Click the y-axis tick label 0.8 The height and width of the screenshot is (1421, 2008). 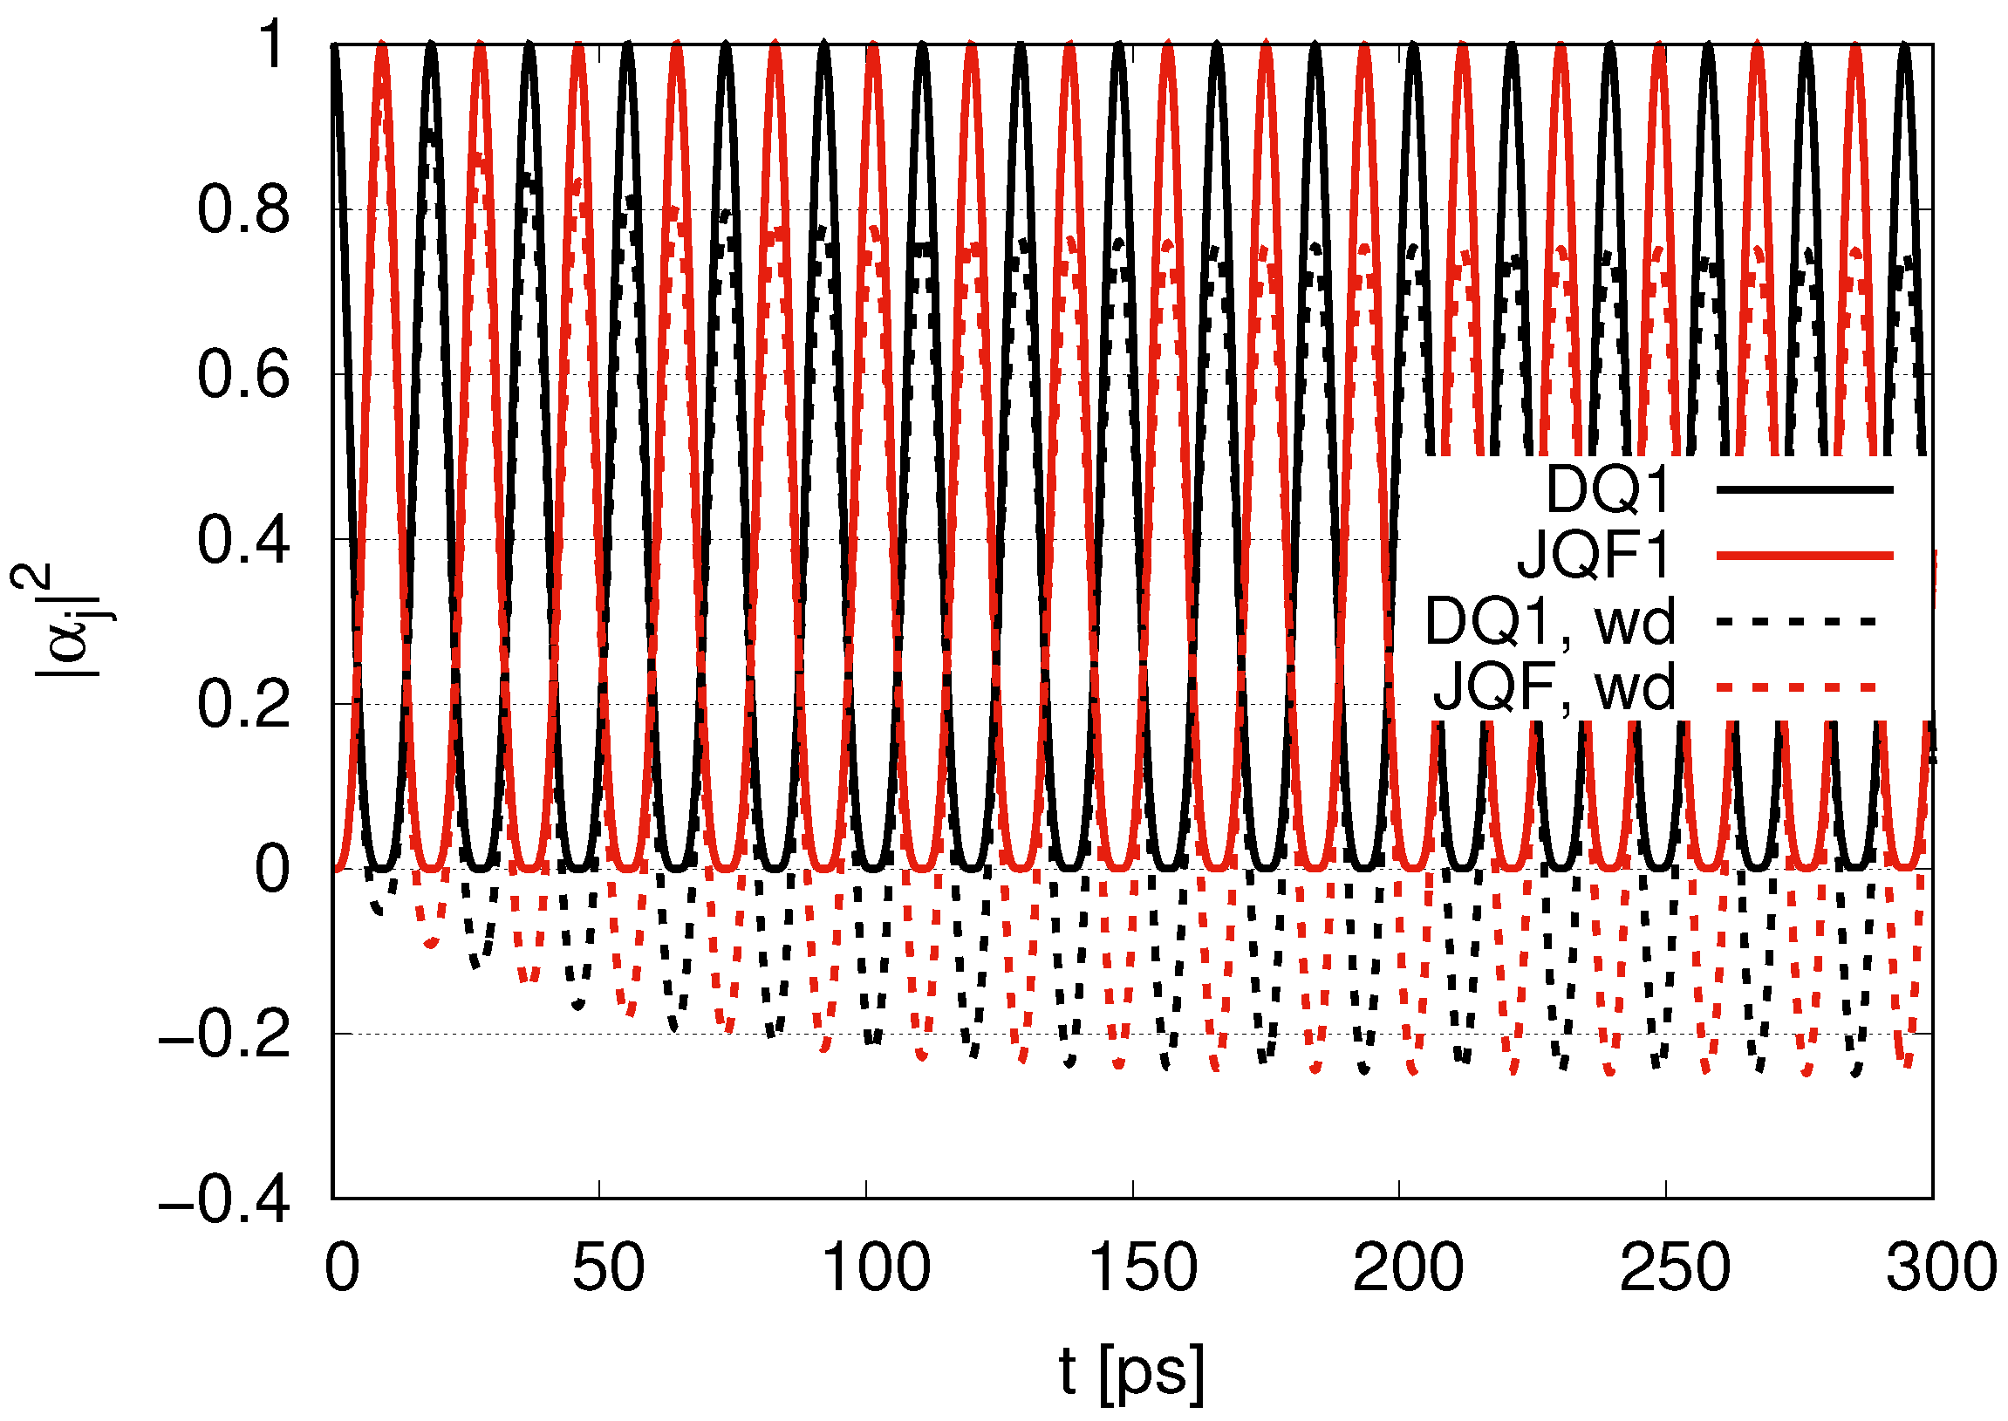point(242,211)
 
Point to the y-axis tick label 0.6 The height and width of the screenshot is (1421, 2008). point(242,375)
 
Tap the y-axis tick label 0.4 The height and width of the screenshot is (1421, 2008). point(242,540)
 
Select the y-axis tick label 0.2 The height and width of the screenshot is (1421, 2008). point(242,704)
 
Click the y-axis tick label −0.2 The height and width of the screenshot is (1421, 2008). point(223,1035)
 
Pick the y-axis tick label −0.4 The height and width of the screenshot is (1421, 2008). point(223,1199)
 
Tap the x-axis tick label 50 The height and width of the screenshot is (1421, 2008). point(608,1267)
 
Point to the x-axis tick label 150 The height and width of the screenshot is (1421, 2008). point(1143,1267)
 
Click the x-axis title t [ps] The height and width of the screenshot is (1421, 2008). point(1130,1372)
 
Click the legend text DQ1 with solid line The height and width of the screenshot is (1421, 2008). point(1608,490)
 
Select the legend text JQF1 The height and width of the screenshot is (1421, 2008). point(1594,556)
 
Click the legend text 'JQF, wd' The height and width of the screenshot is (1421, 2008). point(1554,687)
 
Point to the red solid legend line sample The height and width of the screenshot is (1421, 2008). point(1805,556)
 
